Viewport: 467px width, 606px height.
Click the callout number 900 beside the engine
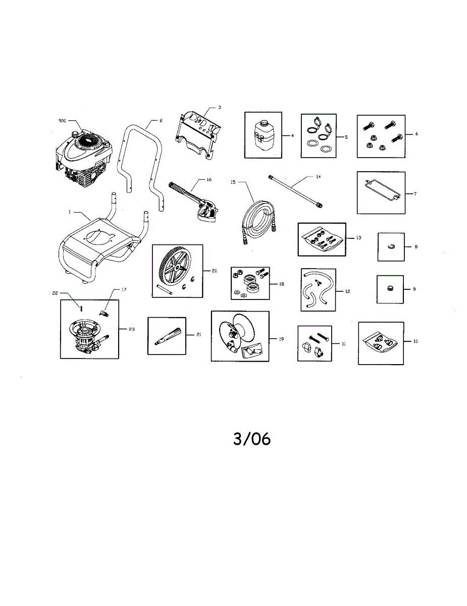coord(62,121)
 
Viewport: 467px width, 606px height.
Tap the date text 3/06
coord(252,439)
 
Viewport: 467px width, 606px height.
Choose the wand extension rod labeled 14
coord(297,190)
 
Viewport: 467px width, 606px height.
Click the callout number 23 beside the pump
coord(131,329)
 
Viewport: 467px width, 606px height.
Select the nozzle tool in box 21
coord(167,335)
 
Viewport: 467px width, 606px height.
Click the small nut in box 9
coord(390,288)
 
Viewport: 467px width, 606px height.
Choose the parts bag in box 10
coord(380,343)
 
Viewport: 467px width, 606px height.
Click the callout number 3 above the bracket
coord(220,108)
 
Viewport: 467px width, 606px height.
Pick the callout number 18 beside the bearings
coord(281,284)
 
